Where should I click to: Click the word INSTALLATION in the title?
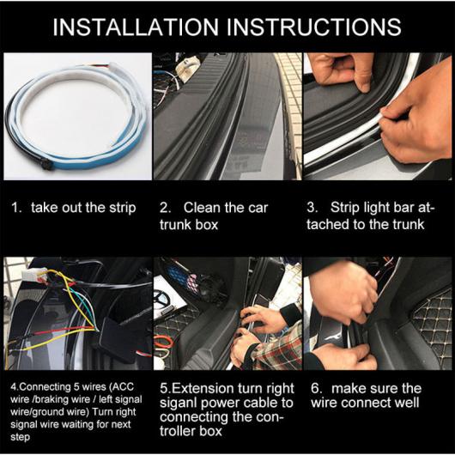pos(136,27)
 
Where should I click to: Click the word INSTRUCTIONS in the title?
pos(313,27)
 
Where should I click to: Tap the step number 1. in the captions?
pos(16,208)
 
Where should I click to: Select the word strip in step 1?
pos(123,209)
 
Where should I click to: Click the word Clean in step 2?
pos(202,208)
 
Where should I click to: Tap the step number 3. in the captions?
pos(312,208)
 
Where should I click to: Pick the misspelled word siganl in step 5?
pos(179,403)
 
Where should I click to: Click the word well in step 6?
pos(408,403)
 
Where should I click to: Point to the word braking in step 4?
pos(45,400)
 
